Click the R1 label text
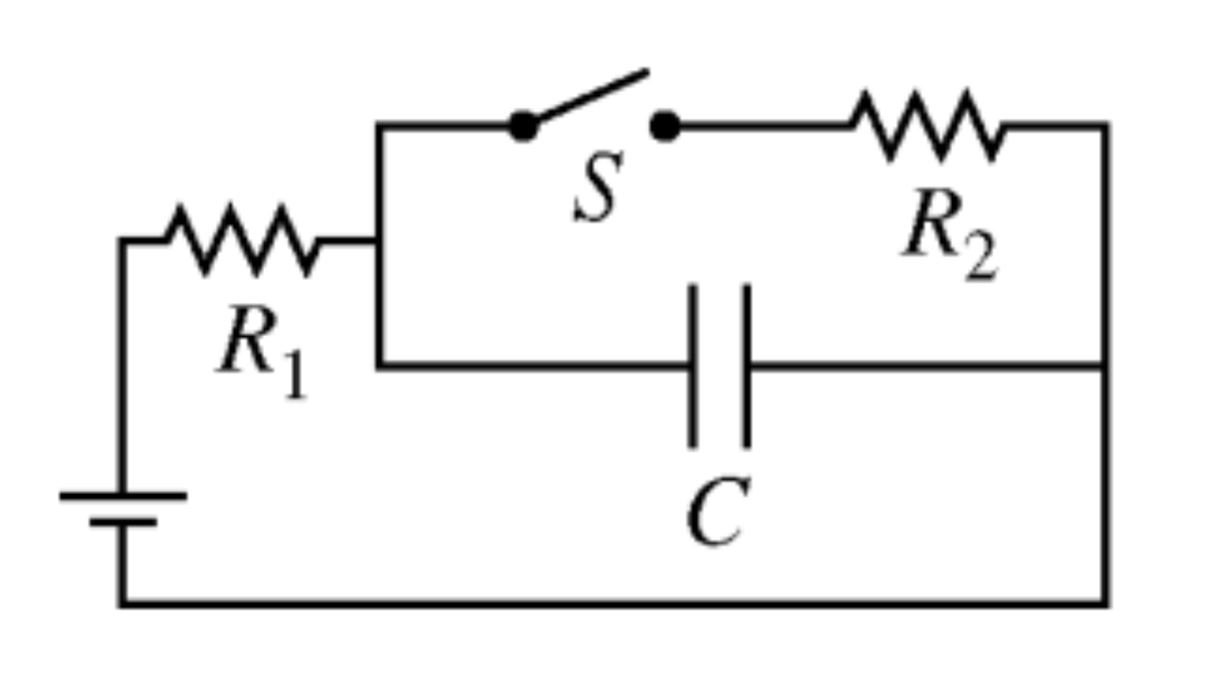click(262, 350)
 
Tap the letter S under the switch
click(598, 187)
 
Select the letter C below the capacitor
click(716, 511)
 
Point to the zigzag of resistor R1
click(243, 241)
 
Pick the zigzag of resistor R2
click(927, 126)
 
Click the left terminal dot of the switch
click(524, 127)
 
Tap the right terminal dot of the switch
click(665, 127)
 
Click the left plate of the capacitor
click(693, 366)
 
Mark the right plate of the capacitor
click(747, 366)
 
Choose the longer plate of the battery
click(123, 496)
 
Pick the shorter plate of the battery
click(123, 523)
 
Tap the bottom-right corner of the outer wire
click(1106, 603)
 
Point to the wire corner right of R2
click(1106, 127)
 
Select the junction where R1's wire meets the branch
click(379, 241)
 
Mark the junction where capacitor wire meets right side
click(1106, 366)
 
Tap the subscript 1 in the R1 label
click(296, 375)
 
